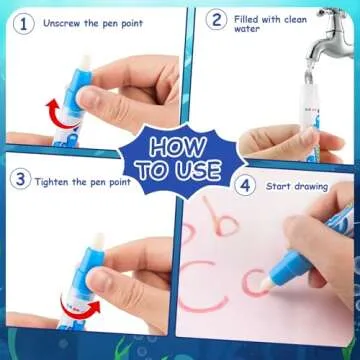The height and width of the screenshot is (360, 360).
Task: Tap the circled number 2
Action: coord(215,19)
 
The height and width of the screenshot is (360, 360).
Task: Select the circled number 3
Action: coord(18,180)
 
